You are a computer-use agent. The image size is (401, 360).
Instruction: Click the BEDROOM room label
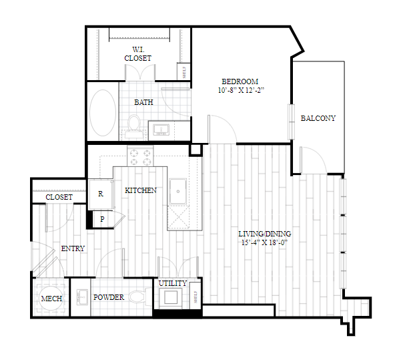click(x=240, y=81)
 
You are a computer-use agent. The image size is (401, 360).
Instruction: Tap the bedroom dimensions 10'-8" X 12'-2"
click(x=241, y=90)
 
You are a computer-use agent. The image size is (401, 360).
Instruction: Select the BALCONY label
click(x=318, y=118)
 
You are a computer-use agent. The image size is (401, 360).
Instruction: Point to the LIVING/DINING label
click(x=265, y=234)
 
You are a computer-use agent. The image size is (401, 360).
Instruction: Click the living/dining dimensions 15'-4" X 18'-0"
click(x=265, y=242)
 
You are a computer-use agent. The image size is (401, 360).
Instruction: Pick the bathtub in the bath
click(x=103, y=113)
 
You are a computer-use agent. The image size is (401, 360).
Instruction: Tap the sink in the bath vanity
click(x=161, y=130)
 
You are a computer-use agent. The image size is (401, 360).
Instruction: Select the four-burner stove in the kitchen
click(x=140, y=156)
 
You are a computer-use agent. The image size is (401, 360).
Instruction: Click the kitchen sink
click(x=178, y=191)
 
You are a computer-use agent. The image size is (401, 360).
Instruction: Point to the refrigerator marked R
click(x=101, y=194)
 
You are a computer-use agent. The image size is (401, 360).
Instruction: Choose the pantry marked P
click(x=102, y=219)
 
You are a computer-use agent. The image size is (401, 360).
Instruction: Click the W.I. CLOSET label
click(x=138, y=54)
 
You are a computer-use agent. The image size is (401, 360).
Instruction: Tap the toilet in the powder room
click(x=138, y=297)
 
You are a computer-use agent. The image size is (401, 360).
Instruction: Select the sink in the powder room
click(x=82, y=297)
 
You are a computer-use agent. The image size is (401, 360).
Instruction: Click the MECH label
click(x=51, y=299)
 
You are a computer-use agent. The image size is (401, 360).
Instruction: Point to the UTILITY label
click(x=173, y=283)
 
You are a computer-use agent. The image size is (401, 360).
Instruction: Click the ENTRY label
click(x=73, y=248)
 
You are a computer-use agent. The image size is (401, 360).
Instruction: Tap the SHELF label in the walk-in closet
click(x=184, y=72)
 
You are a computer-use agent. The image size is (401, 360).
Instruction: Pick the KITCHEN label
click(x=141, y=190)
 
